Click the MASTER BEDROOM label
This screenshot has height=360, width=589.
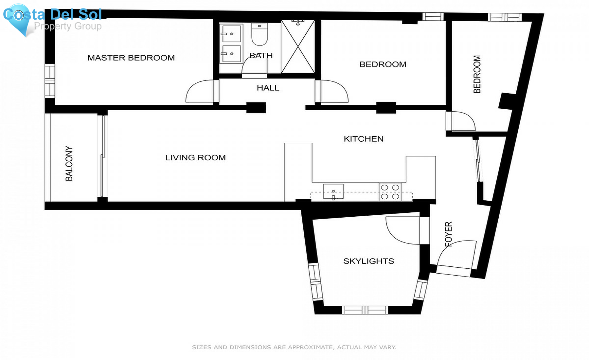(131, 58)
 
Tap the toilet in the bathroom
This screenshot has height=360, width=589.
(259, 34)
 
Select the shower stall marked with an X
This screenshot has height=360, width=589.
(298, 46)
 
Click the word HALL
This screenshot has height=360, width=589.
(268, 88)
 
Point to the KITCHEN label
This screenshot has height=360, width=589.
(364, 139)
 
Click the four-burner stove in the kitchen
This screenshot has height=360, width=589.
(390, 192)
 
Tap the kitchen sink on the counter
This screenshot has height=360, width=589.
(333, 191)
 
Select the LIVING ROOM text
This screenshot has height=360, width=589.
(195, 158)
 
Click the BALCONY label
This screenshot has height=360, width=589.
(69, 163)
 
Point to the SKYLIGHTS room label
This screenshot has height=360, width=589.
(368, 261)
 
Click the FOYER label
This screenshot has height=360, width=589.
(449, 234)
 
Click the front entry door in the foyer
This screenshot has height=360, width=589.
(456, 255)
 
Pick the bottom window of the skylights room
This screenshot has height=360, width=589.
(365, 310)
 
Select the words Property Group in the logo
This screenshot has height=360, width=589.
(68, 26)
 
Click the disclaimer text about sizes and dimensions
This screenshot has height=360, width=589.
(294, 347)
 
